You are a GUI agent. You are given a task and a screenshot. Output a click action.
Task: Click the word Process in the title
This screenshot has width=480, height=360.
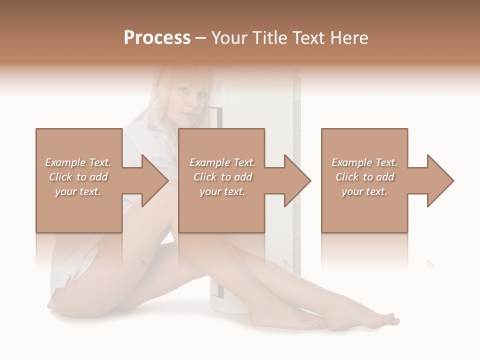(157, 37)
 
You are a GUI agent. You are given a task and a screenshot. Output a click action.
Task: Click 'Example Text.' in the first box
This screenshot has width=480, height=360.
(78, 162)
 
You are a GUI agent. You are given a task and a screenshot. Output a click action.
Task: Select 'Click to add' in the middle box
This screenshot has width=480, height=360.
(222, 177)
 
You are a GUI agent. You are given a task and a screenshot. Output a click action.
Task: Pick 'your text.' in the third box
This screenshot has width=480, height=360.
(364, 191)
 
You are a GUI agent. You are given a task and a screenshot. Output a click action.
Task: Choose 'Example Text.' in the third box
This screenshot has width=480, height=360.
(364, 162)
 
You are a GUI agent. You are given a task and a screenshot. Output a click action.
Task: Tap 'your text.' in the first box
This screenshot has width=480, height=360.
(78, 191)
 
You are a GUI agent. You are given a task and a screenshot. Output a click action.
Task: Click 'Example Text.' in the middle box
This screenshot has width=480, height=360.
(222, 162)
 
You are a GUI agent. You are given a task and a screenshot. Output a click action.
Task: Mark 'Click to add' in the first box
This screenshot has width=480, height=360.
(78, 177)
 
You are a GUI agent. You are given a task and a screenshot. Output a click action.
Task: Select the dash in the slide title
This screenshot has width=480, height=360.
(201, 38)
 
